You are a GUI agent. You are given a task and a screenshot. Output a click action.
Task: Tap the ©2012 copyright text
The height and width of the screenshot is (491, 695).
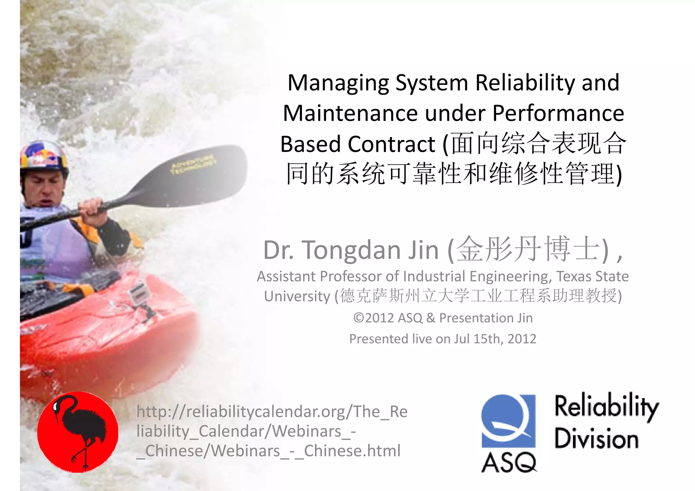373,318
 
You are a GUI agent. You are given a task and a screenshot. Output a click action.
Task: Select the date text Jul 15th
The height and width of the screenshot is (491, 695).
478,339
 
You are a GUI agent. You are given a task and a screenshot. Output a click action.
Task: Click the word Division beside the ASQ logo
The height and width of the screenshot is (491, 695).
596,439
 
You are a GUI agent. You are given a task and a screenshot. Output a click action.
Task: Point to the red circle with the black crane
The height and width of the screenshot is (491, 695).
78,432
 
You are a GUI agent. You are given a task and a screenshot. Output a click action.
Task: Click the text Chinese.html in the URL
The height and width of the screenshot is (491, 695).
352,451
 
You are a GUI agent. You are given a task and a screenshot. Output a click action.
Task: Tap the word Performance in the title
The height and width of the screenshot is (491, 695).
558,113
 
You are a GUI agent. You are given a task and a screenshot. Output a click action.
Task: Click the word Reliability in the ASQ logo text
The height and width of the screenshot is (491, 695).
606,407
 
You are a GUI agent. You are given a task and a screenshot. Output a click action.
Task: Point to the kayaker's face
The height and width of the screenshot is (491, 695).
44,190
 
